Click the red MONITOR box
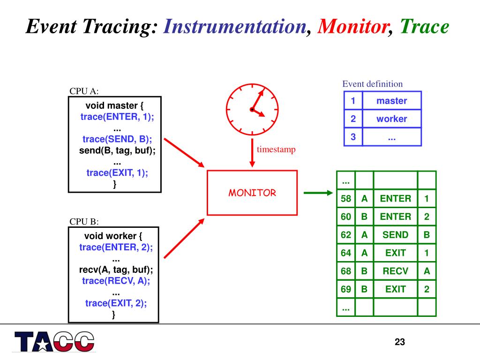pyautogui.click(x=252, y=193)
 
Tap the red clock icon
pyautogui.click(x=252, y=109)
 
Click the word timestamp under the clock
pyautogui.click(x=276, y=150)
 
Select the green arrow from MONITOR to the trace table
pyautogui.click(x=318, y=192)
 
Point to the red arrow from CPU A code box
pyautogui.click(x=184, y=152)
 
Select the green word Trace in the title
pyautogui.click(x=424, y=27)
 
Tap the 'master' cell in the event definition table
pyautogui.click(x=391, y=101)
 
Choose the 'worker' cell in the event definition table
pyautogui.click(x=391, y=119)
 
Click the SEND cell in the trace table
pyautogui.click(x=395, y=235)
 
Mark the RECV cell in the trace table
pyautogui.click(x=395, y=271)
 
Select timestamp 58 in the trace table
pyautogui.click(x=346, y=199)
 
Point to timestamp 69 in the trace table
pyautogui.click(x=346, y=289)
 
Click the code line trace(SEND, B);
pyautogui.click(x=117, y=139)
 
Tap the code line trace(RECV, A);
pyautogui.click(x=116, y=281)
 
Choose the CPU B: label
pyautogui.click(x=84, y=222)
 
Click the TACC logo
pyautogui.click(x=54, y=341)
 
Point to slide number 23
pyautogui.click(x=399, y=342)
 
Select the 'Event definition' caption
pyautogui.click(x=372, y=84)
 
